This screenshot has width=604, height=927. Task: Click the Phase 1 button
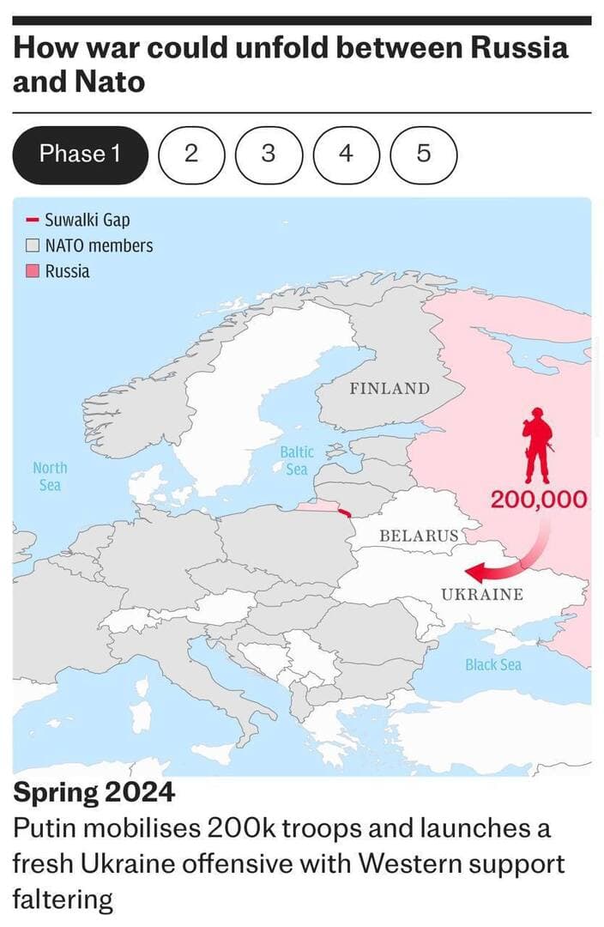click(x=81, y=154)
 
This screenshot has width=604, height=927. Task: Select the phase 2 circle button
click(x=190, y=154)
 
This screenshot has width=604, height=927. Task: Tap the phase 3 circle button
click(x=268, y=154)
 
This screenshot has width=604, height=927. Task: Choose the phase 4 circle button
click(x=345, y=154)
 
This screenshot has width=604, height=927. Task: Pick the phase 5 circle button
click(x=423, y=154)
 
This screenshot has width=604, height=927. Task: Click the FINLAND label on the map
click(x=389, y=389)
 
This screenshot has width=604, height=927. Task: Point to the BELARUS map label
click(x=419, y=536)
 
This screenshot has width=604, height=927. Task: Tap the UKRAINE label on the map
click(x=481, y=595)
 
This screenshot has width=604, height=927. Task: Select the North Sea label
click(x=50, y=476)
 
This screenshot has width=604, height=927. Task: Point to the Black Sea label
click(x=492, y=664)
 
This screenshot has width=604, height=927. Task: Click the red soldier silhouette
click(x=538, y=445)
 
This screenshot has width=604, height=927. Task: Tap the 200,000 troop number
click(x=539, y=500)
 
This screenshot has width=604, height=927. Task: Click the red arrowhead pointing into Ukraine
click(x=473, y=573)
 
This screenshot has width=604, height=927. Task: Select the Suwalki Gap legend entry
click(x=87, y=221)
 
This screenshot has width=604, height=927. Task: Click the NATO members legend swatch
click(x=33, y=245)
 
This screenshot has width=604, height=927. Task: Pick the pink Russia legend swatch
click(x=33, y=271)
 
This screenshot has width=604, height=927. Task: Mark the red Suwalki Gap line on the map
click(x=345, y=512)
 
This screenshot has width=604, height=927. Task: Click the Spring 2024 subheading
click(x=94, y=791)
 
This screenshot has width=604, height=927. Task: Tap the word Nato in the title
click(x=96, y=82)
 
